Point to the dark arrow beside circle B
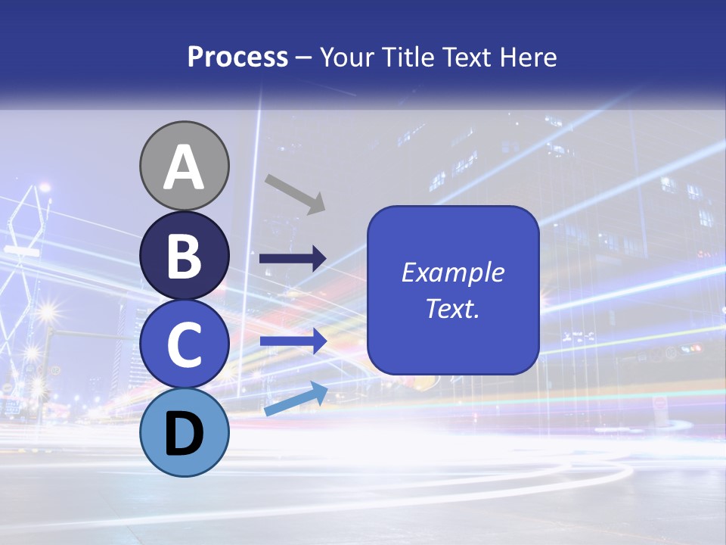(293, 259)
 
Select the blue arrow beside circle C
(293, 341)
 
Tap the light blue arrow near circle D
(296, 399)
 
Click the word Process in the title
(237, 58)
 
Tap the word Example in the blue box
(452, 272)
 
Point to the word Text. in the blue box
(452, 309)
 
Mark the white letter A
(185, 167)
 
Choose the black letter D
(185, 434)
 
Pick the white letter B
(185, 256)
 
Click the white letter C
(185, 345)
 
